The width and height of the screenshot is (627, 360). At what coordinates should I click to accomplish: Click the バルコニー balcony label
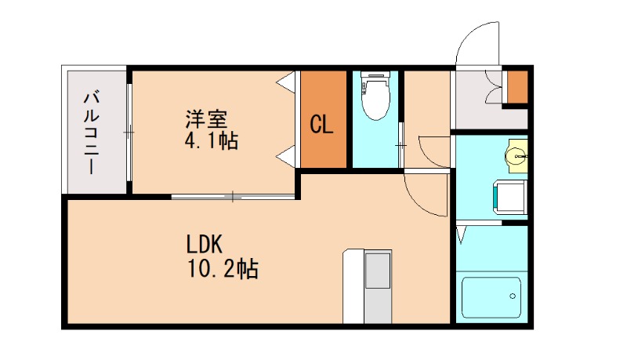tap(92, 133)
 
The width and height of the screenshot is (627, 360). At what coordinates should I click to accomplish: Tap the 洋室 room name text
tap(206, 118)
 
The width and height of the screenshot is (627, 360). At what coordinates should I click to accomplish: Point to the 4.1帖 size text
tap(212, 141)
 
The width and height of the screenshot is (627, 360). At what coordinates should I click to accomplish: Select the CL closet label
tap(321, 125)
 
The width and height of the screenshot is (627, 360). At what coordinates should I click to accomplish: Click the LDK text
tap(205, 244)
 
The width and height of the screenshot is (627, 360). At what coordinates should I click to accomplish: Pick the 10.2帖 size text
tap(223, 268)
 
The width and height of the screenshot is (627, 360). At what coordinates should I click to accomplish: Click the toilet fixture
tap(375, 96)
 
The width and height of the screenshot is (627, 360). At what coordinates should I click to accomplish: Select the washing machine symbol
tap(510, 198)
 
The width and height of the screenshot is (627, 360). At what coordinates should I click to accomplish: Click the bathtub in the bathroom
tap(491, 297)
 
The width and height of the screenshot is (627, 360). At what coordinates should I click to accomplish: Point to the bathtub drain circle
tap(513, 296)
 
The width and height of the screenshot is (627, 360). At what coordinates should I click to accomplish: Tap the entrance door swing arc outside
tap(477, 43)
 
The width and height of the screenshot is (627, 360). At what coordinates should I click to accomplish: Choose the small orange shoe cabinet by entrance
tap(518, 87)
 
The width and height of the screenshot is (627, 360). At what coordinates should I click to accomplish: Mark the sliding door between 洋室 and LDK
tap(234, 196)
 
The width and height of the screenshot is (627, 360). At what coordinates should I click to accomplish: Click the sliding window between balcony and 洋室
tap(129, 133)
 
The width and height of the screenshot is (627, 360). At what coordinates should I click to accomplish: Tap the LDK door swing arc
tap(426, 194)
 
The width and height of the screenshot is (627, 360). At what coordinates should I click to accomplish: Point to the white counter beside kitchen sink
tap(353, 286)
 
